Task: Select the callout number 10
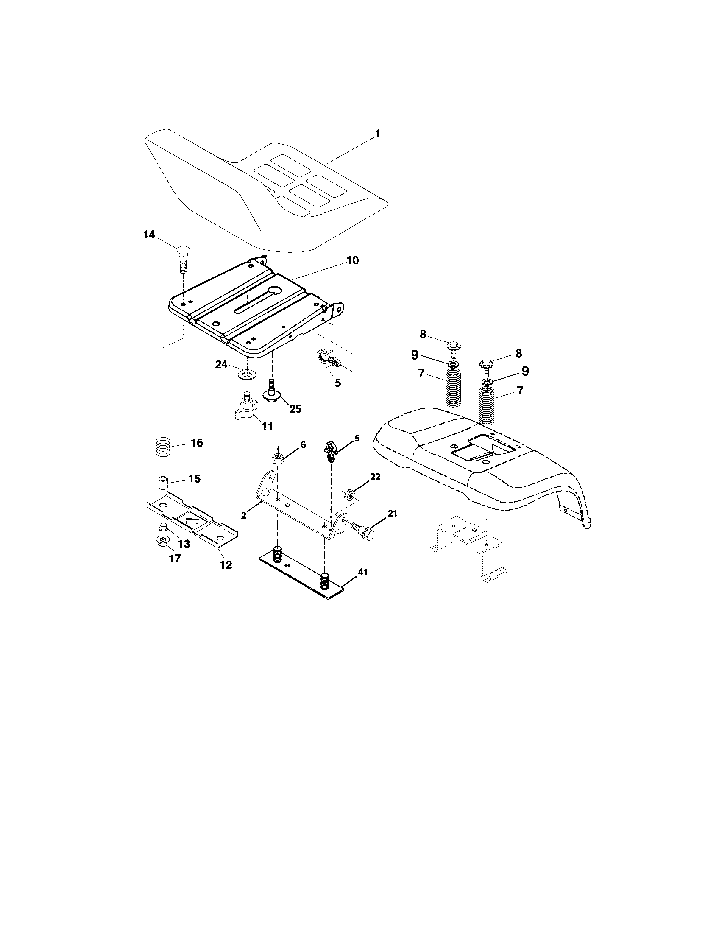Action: tap(353, 260)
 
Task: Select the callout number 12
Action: tap(226, 565)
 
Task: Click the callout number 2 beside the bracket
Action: tap(243, 515)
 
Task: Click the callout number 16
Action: tap(196, 443)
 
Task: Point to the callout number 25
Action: tap(295, 408)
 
